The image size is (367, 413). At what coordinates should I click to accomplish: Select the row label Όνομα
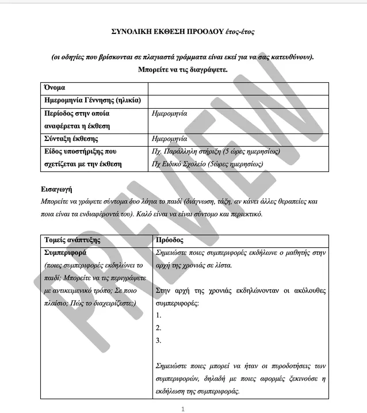54,88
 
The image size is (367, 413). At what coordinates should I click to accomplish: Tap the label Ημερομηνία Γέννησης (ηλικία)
93,101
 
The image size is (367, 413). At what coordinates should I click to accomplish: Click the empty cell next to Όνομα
238,88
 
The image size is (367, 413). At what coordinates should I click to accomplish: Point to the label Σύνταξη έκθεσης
71,139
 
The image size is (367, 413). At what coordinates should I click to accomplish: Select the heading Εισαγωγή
56,189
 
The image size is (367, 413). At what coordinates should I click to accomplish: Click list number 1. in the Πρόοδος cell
159,315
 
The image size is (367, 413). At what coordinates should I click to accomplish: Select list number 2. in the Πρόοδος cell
159,328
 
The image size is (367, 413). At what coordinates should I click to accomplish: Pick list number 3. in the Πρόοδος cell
159,341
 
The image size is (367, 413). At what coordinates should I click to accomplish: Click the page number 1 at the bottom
182,409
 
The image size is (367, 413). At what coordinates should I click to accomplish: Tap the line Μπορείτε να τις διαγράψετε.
183,70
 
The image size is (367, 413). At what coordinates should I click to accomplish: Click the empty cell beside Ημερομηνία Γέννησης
238,101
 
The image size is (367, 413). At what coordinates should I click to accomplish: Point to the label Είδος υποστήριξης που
80,151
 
